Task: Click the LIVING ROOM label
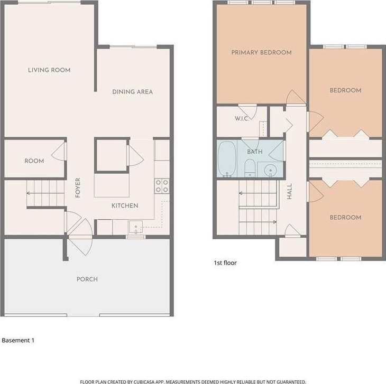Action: (49, 70)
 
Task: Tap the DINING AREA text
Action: (132, 92)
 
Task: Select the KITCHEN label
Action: (125, 205)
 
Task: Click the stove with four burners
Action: (162, 186)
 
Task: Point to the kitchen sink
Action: (136, 227)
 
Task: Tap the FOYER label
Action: (78, 188)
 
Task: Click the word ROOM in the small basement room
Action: (34, 161)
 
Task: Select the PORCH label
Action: (87, 279)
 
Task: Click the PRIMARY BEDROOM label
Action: (261, 52)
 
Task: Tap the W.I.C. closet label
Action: (242, 118)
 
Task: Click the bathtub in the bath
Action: (227, 159)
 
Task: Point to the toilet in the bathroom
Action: (250, 168)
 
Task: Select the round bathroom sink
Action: (270, 170)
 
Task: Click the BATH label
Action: (255, 152)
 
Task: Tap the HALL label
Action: (290, 191)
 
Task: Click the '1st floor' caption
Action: (225, 263)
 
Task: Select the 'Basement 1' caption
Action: (18, 340)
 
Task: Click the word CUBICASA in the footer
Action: (144, 382)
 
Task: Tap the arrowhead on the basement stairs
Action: (29, 193)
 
